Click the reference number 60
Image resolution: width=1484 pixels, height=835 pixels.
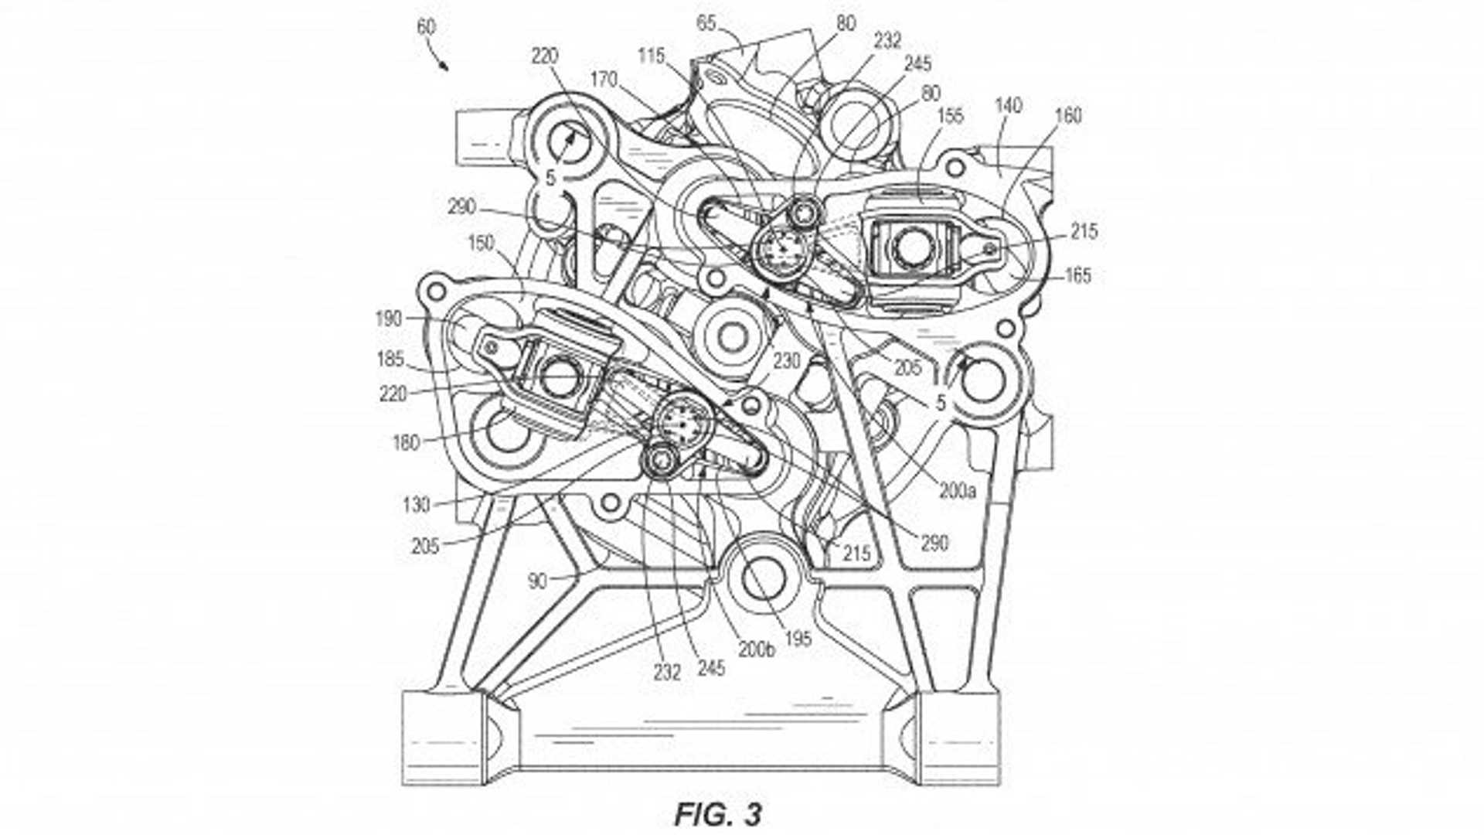(x=426, y=27)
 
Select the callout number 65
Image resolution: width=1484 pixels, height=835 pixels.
(x=706, y=22)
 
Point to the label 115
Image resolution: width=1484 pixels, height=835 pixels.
(x=652, y=56)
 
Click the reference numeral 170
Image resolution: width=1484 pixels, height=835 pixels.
(x=604, y=79)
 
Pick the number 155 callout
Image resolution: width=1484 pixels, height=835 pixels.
(x=950, y=115)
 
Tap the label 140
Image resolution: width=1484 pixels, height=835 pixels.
(x=1008, y=105)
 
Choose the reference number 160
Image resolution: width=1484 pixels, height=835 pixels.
(x=1068, y=115)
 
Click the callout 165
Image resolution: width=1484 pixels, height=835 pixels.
(x=1077, y=274)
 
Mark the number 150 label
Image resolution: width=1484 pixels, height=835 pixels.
(x=481, y=243)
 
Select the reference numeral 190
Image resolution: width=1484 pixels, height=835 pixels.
(x=389, y=318)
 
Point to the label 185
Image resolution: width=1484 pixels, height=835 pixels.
(x=391, y=359)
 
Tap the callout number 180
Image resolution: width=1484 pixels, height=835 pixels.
(x=406, y=443)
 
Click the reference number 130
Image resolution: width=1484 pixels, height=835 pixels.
(x=416, y=505)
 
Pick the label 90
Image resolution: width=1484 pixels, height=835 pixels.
(x=538, y=581)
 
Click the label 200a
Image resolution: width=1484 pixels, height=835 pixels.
(x=958, y=490)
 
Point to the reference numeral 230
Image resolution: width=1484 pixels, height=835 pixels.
(x=786, y=361)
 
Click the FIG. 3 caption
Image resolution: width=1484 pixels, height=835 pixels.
(x=718, y=813)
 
